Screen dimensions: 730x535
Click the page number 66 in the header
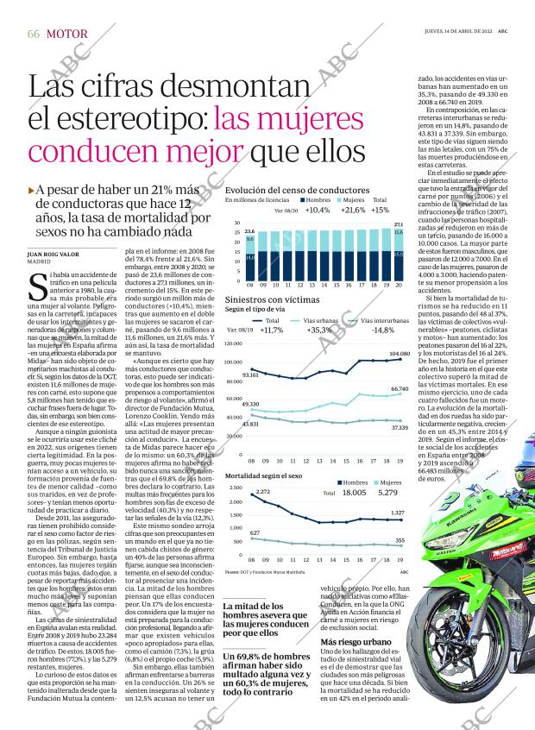[34, 34]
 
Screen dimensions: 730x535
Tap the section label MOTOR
[66, 34]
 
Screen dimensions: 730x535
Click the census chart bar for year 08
[249, 256]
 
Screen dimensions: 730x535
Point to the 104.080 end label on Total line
[400, 354]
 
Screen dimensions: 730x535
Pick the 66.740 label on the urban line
[400, 389]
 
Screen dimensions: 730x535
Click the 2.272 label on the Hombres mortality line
[262, 491]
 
